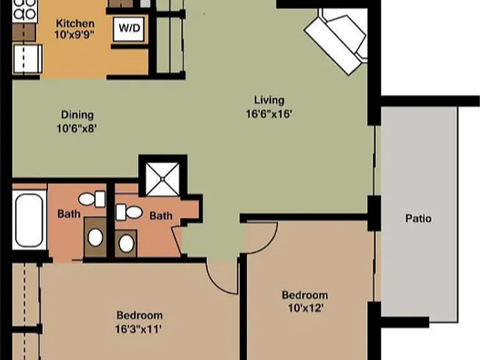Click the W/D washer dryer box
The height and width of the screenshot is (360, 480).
129,29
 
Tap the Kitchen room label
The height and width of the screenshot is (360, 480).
75,23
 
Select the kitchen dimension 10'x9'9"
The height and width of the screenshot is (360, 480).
74,34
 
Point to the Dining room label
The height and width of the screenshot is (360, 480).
77,115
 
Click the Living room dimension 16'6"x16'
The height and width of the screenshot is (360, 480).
269,114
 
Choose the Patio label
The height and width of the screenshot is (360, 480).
418,218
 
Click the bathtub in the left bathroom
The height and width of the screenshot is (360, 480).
29,220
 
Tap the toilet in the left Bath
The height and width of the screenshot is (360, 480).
92,199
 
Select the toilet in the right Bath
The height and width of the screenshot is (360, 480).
129,212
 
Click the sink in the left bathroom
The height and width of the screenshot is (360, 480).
95,237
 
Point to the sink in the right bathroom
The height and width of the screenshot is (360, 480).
126,243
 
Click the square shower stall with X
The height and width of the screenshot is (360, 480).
162,179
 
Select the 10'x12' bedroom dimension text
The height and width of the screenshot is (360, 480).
306,308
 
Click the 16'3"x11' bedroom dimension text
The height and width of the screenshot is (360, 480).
138,329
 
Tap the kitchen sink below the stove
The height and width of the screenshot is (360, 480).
27,59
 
